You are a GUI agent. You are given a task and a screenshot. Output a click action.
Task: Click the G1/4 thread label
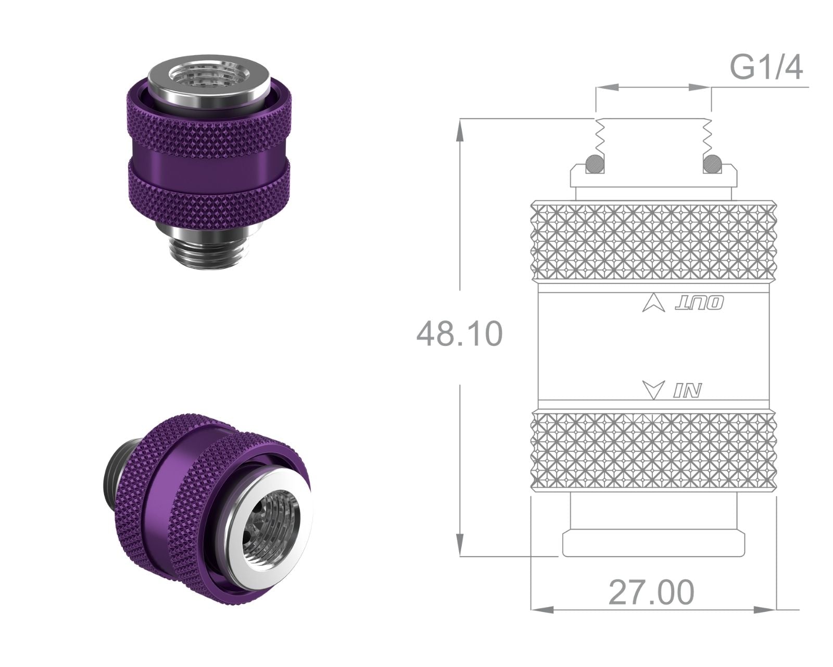[766, 67]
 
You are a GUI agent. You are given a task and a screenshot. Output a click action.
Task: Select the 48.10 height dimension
[460, 334]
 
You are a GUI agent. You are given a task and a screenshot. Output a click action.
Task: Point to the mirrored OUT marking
[699, 304]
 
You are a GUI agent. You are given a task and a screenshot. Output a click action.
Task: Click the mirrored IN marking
[687, 391]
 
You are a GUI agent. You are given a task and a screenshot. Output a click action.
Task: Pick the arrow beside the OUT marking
[653, 304]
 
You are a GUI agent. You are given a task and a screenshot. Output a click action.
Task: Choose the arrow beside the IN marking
[653, 390]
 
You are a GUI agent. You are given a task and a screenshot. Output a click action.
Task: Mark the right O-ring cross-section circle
[712, 164]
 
